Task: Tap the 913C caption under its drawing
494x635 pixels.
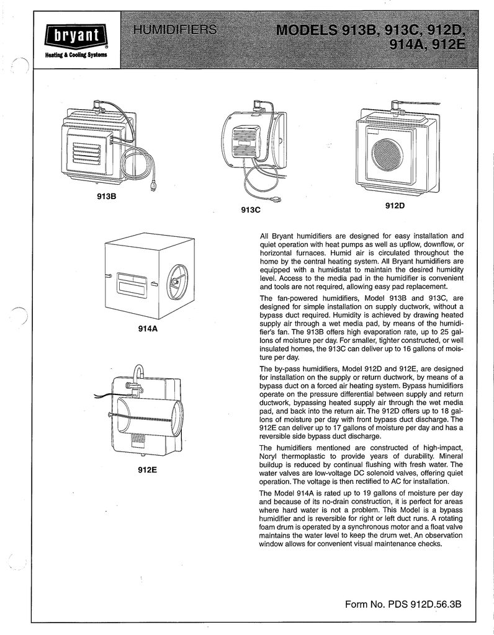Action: click(250, 210)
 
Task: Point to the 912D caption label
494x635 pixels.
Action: click(395, 205)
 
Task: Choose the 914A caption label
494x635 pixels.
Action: click(149, 328)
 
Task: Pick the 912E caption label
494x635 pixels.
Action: click(147, 469)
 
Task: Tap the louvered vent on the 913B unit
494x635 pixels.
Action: click(84, 152)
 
